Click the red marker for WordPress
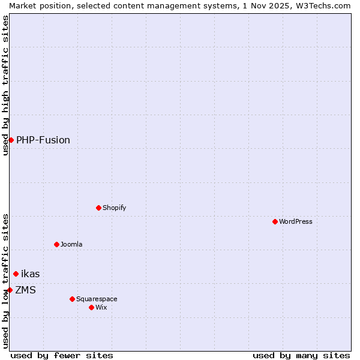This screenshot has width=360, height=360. [275, 221]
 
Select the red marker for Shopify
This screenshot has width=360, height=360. [99, 208]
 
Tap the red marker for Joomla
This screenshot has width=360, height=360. [57, 244]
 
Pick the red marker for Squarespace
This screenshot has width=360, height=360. [73, 299]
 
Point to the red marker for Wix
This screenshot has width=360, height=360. [92, 307]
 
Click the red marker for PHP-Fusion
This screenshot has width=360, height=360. [11, 140]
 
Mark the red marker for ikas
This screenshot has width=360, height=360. [16, 274]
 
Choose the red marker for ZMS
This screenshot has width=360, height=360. [10, 290]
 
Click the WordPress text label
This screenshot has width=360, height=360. [296, 221]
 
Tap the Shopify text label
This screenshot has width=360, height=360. [115, 208]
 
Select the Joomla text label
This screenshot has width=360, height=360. [71, 244]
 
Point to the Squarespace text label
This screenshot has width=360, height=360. [97, 299]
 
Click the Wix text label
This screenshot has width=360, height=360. [101, 307]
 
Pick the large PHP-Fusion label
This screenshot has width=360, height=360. [43, 140]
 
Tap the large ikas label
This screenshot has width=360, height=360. [31, 274]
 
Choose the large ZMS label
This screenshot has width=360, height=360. [26, 290]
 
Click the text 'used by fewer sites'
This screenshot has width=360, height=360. [62, 355]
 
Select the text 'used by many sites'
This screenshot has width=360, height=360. [301, 355]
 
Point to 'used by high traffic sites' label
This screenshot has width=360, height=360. [5, 85]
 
